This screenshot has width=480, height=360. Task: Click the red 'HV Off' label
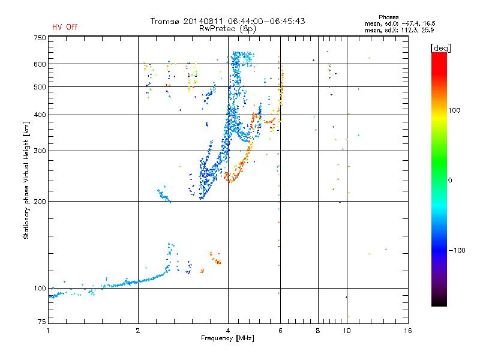65,27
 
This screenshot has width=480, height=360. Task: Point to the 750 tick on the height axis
40,38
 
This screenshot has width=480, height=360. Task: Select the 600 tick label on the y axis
40,64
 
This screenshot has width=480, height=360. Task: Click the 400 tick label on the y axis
40,115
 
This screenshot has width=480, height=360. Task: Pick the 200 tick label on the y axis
40,202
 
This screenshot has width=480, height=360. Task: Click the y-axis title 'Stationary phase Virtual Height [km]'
26,181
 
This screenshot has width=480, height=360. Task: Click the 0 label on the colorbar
452,180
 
